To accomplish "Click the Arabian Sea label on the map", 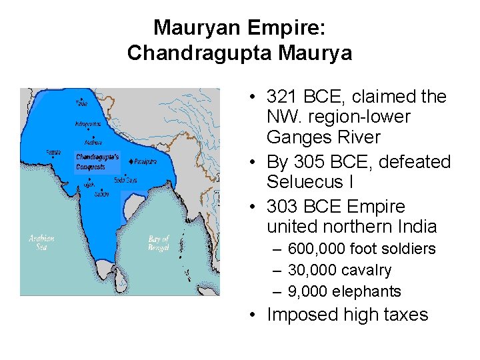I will pyautogui.click(x=42, y=242).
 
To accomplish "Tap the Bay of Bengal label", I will pyautogui.click(x=159, y=243).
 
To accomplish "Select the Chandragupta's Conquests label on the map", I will pyautogui.click(x=99, y=161).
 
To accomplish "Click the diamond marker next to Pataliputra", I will pyautogui.click(x=133, y=161).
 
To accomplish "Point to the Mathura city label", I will pyautogui.click(x=93, y=141).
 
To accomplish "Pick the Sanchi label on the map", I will pyautogui.click(x=101, y=194).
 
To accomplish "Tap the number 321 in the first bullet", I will pyautogui.click(x=280, y=97).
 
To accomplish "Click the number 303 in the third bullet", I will pyautogui.click(x=281, y=207).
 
